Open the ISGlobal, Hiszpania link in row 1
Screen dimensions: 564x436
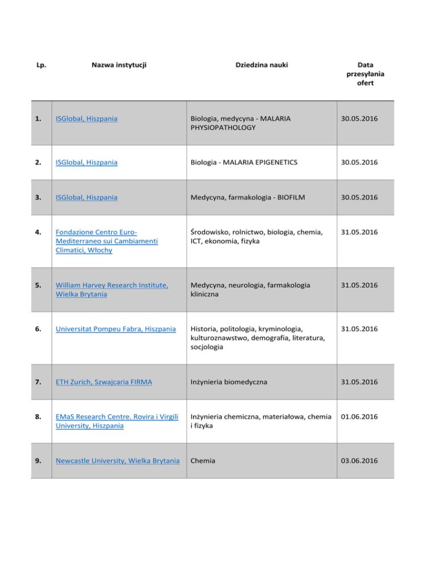pyautogui.click(x=86, y=119)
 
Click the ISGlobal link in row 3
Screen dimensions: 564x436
pyautogui.click(x=86, y=197)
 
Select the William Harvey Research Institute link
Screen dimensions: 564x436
pyautogui.click(x=111, y=289)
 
